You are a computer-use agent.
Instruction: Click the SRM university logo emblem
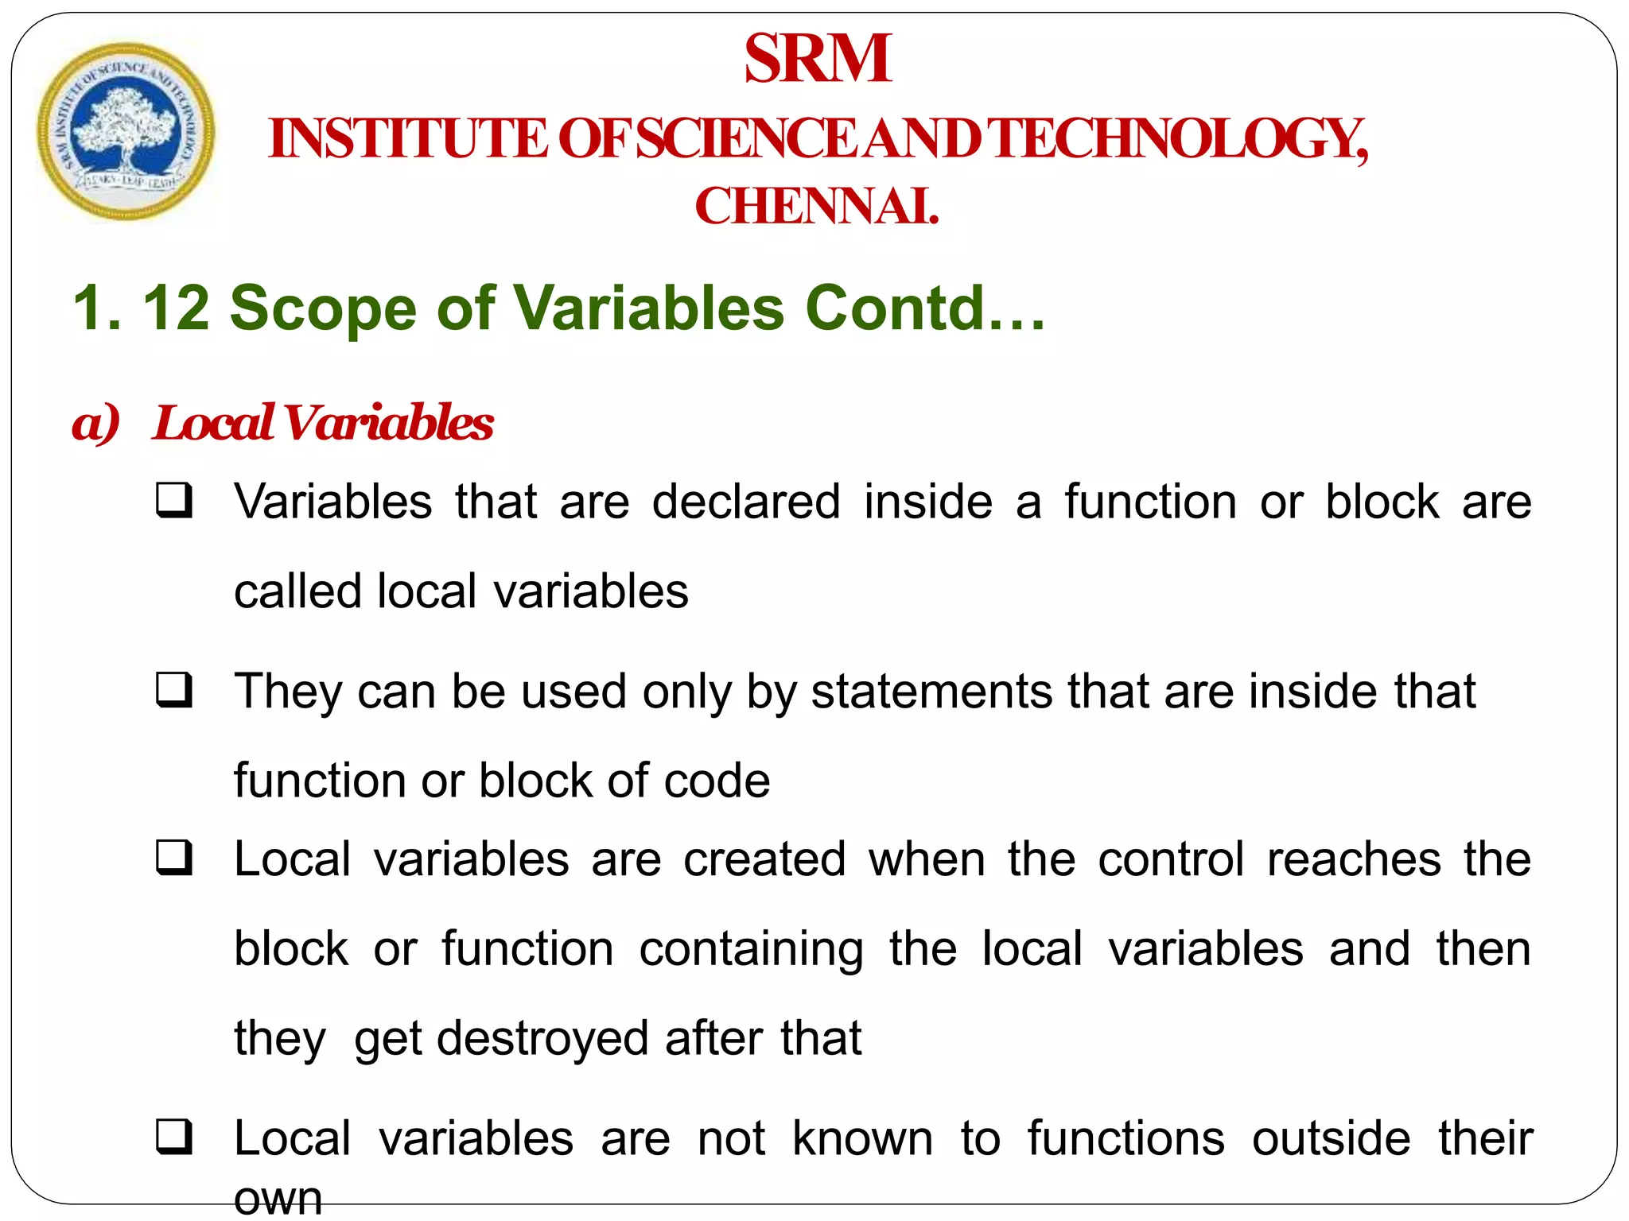pyautogui.click(x=126, y=131)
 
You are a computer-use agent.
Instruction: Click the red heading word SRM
pyautogui.click(x=818, y=59)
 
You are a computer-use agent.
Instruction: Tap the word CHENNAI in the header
pyautogui.click(x=816, y=207)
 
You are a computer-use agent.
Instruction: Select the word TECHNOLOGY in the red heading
pyautogui.click(x=1180, y=139)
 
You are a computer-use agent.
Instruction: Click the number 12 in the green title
pyautogui.click(x=176, y=308)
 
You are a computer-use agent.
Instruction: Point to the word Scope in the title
pyautogui.click(x=323, y=308)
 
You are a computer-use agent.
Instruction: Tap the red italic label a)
pyautogui.click(x=95, y=422)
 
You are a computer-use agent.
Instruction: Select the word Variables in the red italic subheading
pyautogui.click(x=389, y=422)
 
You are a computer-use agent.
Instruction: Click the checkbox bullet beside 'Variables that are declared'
pyautogui.click(x=174, y=501)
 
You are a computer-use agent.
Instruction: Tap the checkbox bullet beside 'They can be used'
pyautogui.click(x=174, y=689)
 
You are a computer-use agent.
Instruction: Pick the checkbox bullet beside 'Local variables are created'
pyautogui.click(x=174, y=859)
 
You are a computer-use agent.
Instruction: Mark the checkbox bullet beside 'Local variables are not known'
pyautogui.click(x=174, y=1137)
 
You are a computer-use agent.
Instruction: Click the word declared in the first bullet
pyautogui.click(x=746, y=502)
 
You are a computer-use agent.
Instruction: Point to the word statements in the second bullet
pyautogui.click(x=931, y=691)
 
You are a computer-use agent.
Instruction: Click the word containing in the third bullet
pyautogui.click(x=751, y=949)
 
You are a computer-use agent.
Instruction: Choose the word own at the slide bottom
pyautogui.click(x=278, y=1199)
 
